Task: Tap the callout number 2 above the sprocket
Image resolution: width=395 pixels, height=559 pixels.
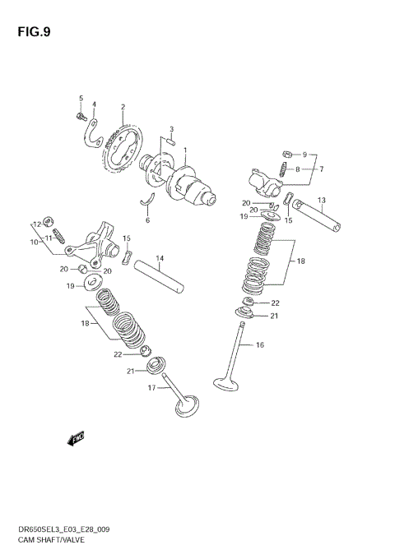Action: tap(123, 107)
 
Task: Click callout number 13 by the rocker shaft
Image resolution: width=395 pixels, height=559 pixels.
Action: tap(322, 200)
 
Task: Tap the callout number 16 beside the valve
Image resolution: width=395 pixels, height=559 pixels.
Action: tap(260, 345)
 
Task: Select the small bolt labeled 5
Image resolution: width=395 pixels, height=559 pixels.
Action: tap(81, 117)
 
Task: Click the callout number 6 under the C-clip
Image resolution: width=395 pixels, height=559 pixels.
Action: tap(147, 220)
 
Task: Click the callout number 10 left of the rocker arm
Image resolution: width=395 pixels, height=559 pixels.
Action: tap(35, 243)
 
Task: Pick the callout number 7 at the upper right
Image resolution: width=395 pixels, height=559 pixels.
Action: tap(322, 169)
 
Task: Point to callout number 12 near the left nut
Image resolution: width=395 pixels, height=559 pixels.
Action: tap(36, 224)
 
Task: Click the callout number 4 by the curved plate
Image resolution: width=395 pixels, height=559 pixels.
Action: tap(94, 104)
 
